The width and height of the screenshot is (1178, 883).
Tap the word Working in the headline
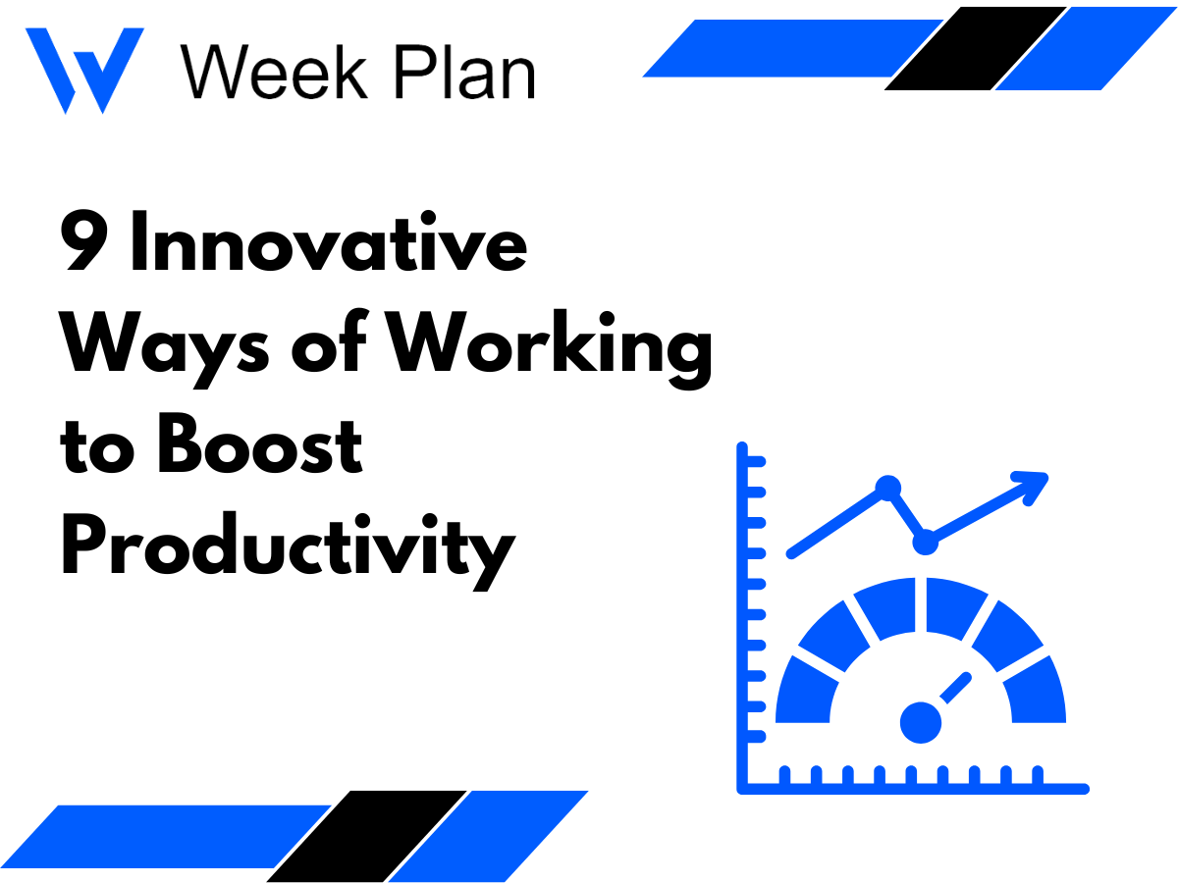point(550,348)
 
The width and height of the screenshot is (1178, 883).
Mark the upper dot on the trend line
point(887,487)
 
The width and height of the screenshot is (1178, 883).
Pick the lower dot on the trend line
point(924,541)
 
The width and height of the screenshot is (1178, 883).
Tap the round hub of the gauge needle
point(921,722)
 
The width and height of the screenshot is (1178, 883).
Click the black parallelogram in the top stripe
point(975,48)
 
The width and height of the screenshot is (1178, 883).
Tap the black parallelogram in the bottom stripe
point(367,835)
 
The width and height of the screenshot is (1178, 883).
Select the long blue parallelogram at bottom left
point(167,843)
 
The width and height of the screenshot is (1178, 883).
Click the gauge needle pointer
point(955,688)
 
